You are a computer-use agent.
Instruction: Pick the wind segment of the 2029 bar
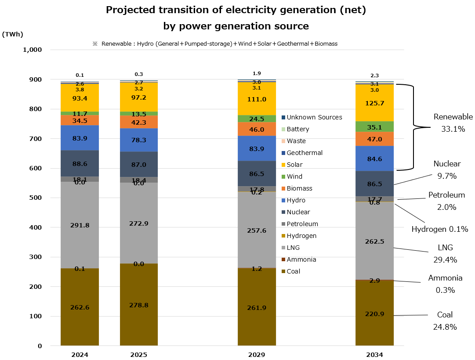(x=257, y=119)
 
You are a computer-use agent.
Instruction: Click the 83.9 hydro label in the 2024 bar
(x=80, y=138)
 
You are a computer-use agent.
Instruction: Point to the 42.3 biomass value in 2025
(x=139, y=123)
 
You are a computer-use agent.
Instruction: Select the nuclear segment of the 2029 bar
(x=257, y=173)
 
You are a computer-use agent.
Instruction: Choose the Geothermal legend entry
(x=304, y=153)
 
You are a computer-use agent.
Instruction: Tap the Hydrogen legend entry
(x=302, y=236)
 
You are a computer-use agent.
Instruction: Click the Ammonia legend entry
(x=301, y=259)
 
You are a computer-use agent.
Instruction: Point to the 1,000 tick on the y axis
(x=32, y=50)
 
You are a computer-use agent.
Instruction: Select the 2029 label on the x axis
(x=257, y=354)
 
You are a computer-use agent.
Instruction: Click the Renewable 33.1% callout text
(x=453, y=123)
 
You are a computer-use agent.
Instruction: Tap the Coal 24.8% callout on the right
(x=445, y=321)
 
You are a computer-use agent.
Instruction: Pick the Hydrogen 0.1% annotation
(x=439, y=229)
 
